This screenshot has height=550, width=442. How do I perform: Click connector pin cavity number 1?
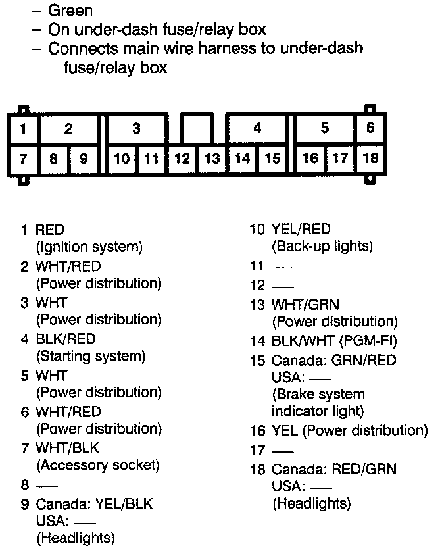tap(23, 129)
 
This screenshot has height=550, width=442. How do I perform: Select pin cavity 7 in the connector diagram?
tap(23, 159)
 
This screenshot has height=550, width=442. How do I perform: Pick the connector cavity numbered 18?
tap(370, 159)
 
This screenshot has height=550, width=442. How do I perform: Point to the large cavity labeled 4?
tap(257, 129)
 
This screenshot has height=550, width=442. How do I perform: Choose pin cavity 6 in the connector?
tap(370, 128)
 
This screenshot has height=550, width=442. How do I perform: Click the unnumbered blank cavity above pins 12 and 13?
tap(197, 128)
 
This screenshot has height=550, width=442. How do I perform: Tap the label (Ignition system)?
tap(89, 247)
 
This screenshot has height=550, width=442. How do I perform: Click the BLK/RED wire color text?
tap(66, 339)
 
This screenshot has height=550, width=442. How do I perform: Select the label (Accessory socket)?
tap(98, 465)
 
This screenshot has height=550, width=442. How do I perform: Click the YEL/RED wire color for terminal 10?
tap(301, 230)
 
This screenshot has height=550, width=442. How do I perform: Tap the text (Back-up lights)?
tap(322, 247)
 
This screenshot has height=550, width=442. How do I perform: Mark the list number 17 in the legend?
tap(257, 451)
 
